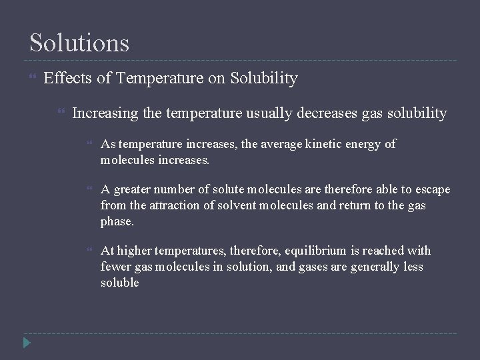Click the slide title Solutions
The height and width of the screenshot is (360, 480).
(79, 43)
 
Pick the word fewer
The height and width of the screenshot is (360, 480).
(115, 267)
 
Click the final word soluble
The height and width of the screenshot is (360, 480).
(119, 283)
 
